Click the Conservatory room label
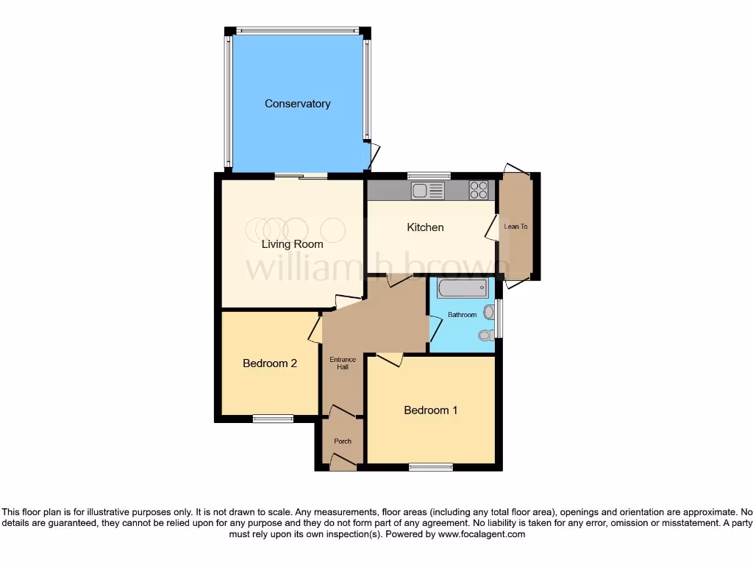click(297, 104)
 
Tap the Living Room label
click(293, 244)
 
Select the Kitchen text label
click(425, 227)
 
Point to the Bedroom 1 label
click(430, 410)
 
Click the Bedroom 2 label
click(270, 363)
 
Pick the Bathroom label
click(463, 315)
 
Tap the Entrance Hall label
click(343, 363)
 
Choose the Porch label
click(343, 441)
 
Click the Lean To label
click(515, 227)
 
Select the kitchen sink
click(428, 191)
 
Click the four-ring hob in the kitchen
click(479, 191)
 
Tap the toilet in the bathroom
click(486, 335)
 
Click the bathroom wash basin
click(489, 312)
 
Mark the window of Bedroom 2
click(273, 419)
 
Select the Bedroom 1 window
click(431, 466)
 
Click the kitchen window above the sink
click(429, 175)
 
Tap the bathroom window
click(499, 318)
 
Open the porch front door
click(343, 462)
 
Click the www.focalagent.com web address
click(482, 534)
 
